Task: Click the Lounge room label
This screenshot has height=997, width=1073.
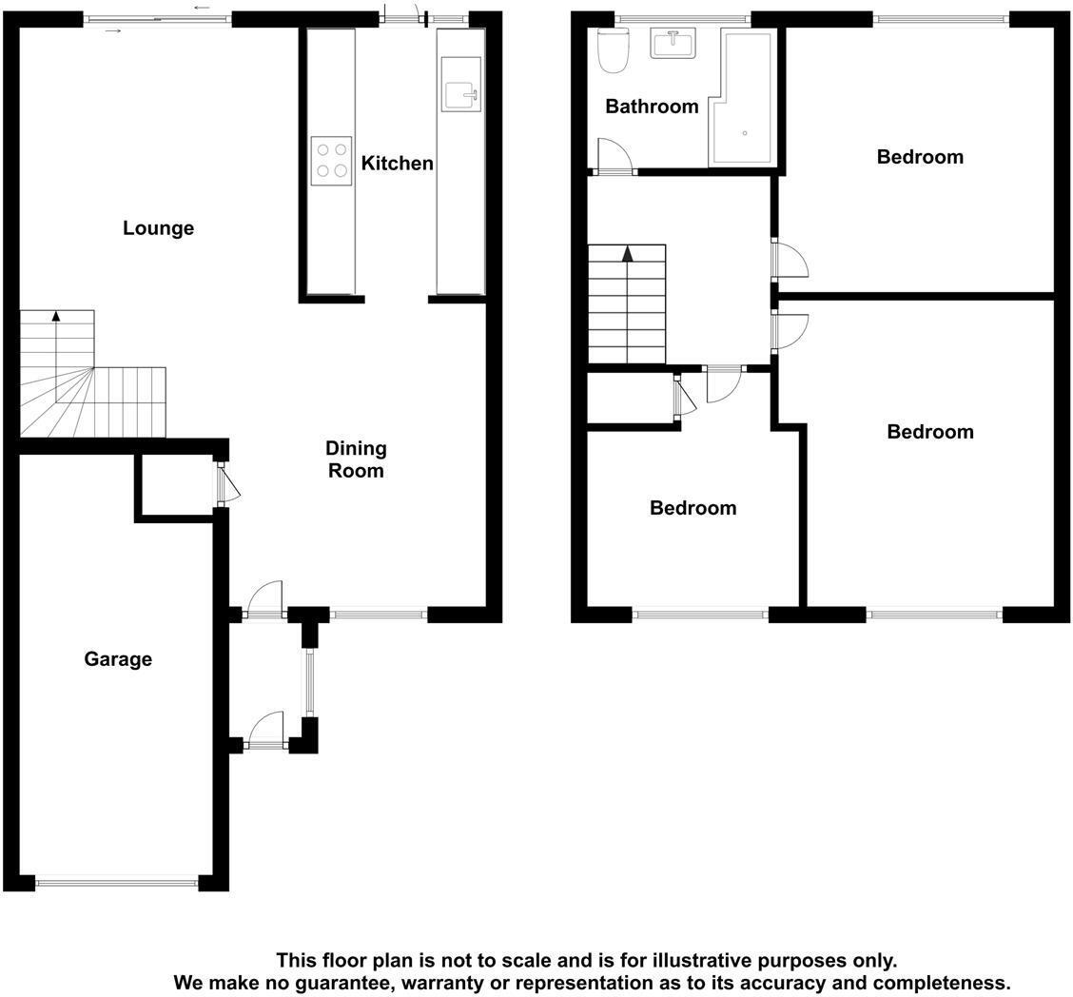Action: tap(158, 228)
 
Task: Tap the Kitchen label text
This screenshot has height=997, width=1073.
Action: tap(397, 164)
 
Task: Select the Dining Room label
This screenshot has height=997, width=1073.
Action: tap(355, 459)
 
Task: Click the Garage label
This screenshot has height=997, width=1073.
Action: tap(118, 659)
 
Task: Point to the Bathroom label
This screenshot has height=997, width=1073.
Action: tap(652, 107)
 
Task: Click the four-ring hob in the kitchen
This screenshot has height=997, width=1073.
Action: tap(331, 160)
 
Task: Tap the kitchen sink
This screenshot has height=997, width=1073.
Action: tap(461, 84)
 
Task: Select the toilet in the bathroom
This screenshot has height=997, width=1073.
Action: tap(613, 50)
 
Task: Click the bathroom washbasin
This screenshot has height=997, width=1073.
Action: tap(673, 43)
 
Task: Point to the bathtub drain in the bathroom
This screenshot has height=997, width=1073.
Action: tap(744, 133)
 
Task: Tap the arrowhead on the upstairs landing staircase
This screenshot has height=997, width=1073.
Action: tap(627, 254)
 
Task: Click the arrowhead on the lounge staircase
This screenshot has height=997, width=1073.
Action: tap(56, 317)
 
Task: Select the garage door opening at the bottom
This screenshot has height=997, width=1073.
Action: tap(116, 884)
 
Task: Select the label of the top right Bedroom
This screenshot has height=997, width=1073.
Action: tap(919, 157)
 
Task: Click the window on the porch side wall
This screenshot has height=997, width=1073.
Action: tap(308, 682)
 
